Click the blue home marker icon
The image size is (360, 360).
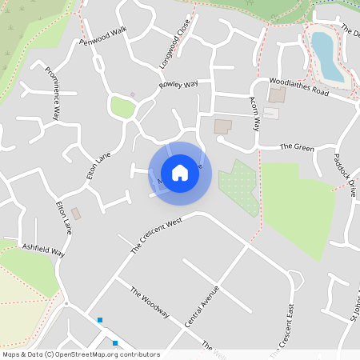180,173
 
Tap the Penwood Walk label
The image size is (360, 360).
103,36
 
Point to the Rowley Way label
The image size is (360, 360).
178,84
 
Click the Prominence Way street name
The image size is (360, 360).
52,91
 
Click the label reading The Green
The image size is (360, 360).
296,147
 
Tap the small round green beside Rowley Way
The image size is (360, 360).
122,106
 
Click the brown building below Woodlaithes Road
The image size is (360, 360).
277,95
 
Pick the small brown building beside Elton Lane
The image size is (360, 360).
76,214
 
